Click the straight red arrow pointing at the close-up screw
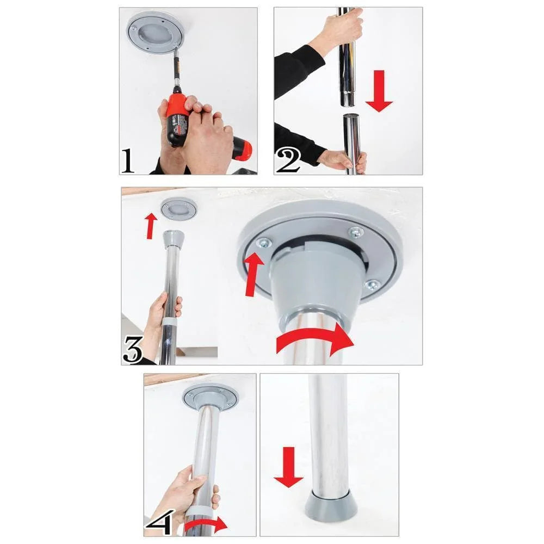(254, 274)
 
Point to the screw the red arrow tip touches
(264, 244)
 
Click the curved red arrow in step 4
(206, 525)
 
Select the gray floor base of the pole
(331, 507)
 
